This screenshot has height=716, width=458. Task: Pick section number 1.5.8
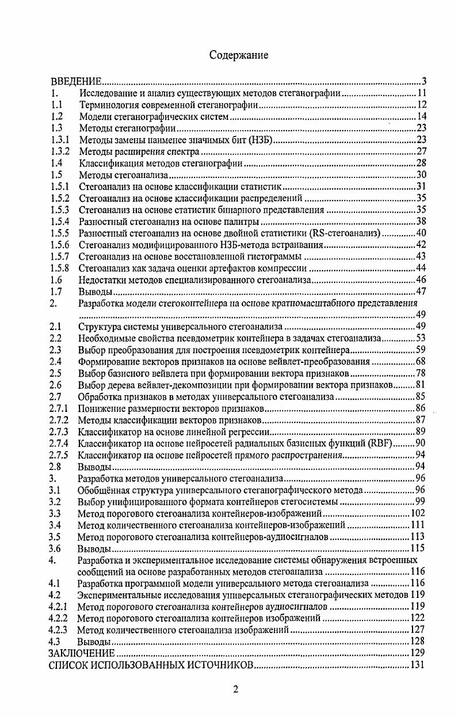[x=60, y=268]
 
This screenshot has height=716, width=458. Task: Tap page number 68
[x=420, y=361]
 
